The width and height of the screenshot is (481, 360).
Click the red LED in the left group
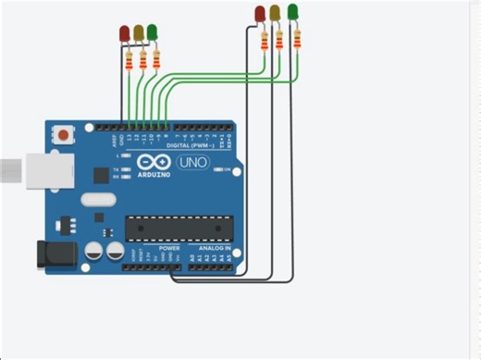click(x=125, y=34)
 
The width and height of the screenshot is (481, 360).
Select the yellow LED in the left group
click(x=139, y=32)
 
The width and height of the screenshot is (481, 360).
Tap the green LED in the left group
click(x=152, y=32)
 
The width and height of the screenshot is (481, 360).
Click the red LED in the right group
click(x=260, y=13)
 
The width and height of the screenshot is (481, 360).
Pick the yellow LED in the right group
click(x=275, y=12)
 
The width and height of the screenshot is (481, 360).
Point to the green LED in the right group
click(x=293, y=11)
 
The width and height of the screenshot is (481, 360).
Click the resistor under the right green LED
click(x=297, y=38)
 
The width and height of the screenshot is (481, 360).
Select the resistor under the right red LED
click(x=265, y=42)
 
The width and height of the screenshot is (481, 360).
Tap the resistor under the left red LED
click(x=129, y=61)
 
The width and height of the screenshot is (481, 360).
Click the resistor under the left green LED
click(x=155, y=60)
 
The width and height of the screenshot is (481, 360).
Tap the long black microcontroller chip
click(x=176, y=227)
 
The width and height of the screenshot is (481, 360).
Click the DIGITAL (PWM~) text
click(x=191, y=145)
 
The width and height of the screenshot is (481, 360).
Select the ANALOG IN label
click(x=215, y=249)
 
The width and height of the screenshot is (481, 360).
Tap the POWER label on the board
click(x=169, y=249)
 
